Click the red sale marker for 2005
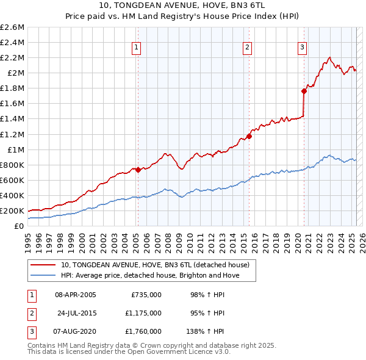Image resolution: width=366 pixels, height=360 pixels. [x=138, y=170]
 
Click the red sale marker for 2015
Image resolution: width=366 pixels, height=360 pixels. [x=249, y=136]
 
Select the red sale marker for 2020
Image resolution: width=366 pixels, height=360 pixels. [x=303, y=91]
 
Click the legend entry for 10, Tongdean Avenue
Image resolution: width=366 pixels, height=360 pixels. [x=155, y=265]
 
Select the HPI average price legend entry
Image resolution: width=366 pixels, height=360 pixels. [x=150, y=275]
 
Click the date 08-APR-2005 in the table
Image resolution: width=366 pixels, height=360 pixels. [x=76, y=295]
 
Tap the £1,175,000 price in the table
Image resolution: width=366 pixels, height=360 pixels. [x=146, y=313]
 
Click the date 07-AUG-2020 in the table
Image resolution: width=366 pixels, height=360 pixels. [x=76, y=331]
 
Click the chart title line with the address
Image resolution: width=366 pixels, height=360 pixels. [x=183, y=7]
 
